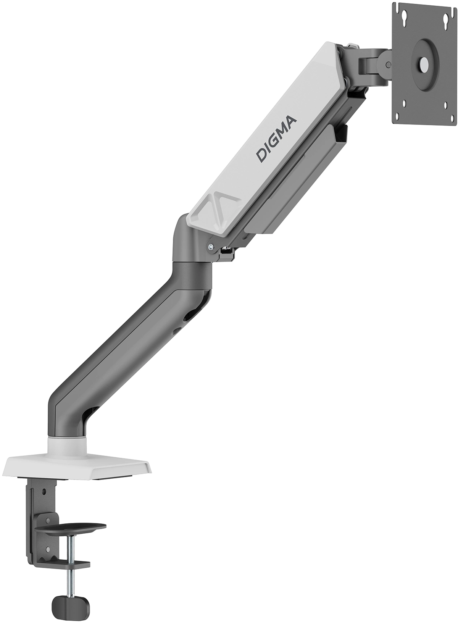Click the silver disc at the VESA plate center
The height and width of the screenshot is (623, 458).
[x=423, y=63]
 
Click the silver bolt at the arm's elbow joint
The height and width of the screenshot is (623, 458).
[x=210, y=247]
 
